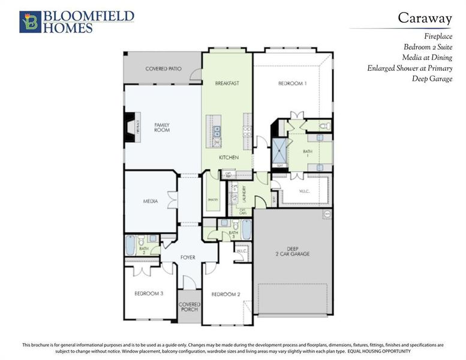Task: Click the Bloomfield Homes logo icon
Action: click(29, 22)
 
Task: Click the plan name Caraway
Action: click(425, 18)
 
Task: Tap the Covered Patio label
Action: click(163, 69)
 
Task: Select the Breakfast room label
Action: click(227, 83)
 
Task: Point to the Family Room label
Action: click(162, 127)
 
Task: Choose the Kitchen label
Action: click(229, 157)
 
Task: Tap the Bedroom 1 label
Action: click(292, 83)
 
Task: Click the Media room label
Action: click(151, 202)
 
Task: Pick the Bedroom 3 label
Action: click(149, 293)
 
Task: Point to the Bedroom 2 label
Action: click(226, 294)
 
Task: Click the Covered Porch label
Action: click(190, 307)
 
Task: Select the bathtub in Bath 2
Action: click(131, 245)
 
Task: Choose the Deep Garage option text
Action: click(432, 79)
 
